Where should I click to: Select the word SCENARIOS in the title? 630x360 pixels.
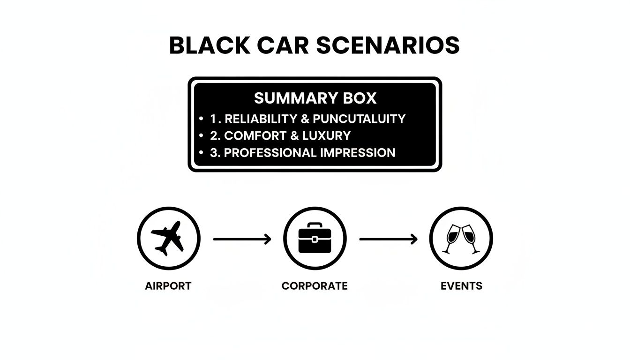coord(388,46)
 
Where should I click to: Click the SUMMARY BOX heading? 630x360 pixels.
coord(315,98)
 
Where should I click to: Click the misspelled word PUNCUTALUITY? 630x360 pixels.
coord(359,119)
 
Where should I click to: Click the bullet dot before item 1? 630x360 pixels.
coord(201,119)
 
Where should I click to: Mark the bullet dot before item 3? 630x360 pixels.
coord(201,152)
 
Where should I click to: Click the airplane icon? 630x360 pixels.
coord(168,238)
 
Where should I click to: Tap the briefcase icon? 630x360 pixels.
coord(315,239)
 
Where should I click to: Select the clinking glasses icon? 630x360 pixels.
coord(461,239)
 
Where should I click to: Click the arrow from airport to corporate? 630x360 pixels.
coord(242,239)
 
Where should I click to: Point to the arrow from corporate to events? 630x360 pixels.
coord(388,239)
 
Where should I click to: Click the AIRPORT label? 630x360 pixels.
coord(168,286)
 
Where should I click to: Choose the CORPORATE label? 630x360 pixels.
coord(315,286)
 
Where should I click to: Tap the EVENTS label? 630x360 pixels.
coord(461,286)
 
